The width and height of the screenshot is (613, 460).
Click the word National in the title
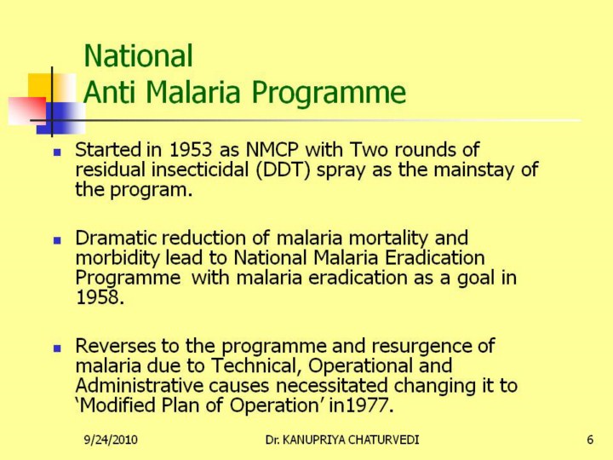[x=139, y=56]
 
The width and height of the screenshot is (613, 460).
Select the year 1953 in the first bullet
[x=191, y=150]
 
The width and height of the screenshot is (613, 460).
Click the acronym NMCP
[x=272, y=150]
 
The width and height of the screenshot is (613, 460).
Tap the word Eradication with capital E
[x=435, y=258]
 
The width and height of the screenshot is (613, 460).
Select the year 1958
[x=100, y=297]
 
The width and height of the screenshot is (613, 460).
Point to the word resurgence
[x=421, y=347]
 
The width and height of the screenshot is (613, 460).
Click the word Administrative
[x=139, y=386]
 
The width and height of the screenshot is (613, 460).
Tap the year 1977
[x=369, y=405]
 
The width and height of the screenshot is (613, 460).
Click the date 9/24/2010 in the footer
[x=111, y=440]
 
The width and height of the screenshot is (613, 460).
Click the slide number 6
[x=590, y=440]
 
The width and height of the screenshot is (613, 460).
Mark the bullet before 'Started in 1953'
[x=57, y=152]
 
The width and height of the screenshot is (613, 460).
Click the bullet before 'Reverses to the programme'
[x=57, y=348]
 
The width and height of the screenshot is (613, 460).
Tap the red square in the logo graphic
[x=26, y=111]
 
